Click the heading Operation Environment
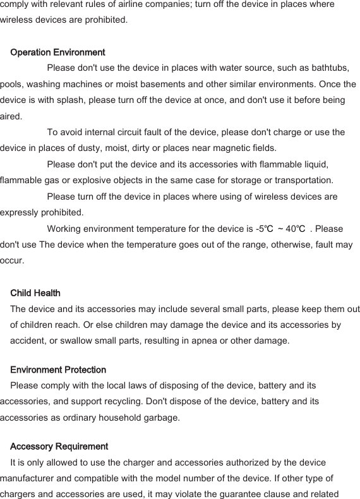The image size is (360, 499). coord(57,52)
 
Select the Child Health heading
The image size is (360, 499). coord(35,293)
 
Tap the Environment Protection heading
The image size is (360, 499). coord(58,370)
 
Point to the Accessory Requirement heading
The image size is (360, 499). coord(59,446)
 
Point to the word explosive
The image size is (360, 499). coord(78,181)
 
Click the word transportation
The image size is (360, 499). coord(297,181)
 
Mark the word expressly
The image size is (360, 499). coord(19,212)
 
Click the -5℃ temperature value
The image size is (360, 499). coord(263,229)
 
